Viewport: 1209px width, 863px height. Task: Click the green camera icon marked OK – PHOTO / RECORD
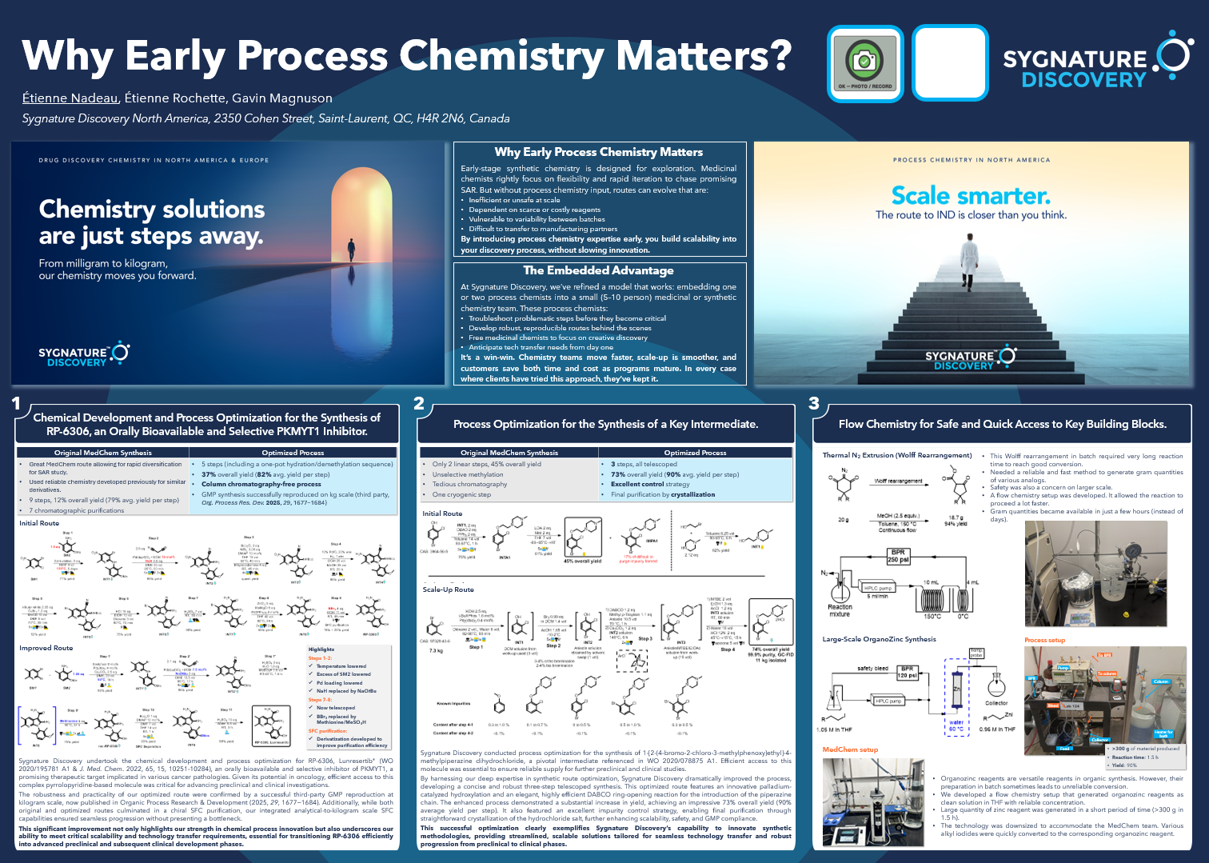pyautogui.click(x=865, y=63)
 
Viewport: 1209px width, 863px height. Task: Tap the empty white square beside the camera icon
pyautogui.click(x=950, y=63)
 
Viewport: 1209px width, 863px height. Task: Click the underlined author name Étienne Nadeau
pyautogui.click(x=70, y=98)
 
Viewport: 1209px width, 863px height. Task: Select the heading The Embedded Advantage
pyautogui.click(x=598, y=271)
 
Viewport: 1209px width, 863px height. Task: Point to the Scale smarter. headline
pyautogui.click(x=971, y=196)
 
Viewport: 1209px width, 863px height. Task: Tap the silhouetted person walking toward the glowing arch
pyautogui.click(x=350, y=258)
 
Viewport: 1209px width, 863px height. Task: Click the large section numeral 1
pyautogui.click(x=16, y=404)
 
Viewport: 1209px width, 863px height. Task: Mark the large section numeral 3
pyautogui.click(x=814, y=404)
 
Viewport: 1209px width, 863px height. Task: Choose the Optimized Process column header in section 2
pyautogui.click(x=695, y=453)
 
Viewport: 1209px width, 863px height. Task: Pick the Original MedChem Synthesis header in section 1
pyautogui.click(x=102, y=453)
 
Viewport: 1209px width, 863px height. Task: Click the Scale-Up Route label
pyautogui.click(x=448, y=589)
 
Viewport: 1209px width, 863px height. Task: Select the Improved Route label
pyautogui.click(x=46, y=648)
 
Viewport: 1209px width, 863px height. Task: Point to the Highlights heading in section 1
pyautogui.click(x=321, y=649)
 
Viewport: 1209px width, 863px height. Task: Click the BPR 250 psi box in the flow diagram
pyautogui.click(x=898, y=556)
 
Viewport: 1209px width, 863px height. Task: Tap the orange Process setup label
pyautogui.click(x=1044, y=640)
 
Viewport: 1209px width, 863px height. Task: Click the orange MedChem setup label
pyautogui.click(x=850, y=749)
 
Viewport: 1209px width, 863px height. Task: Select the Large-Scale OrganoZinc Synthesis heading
pyautogui.click(x=879, y=639)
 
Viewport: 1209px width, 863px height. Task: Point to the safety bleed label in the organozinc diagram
pyautogui.click(x=872, y=668)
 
